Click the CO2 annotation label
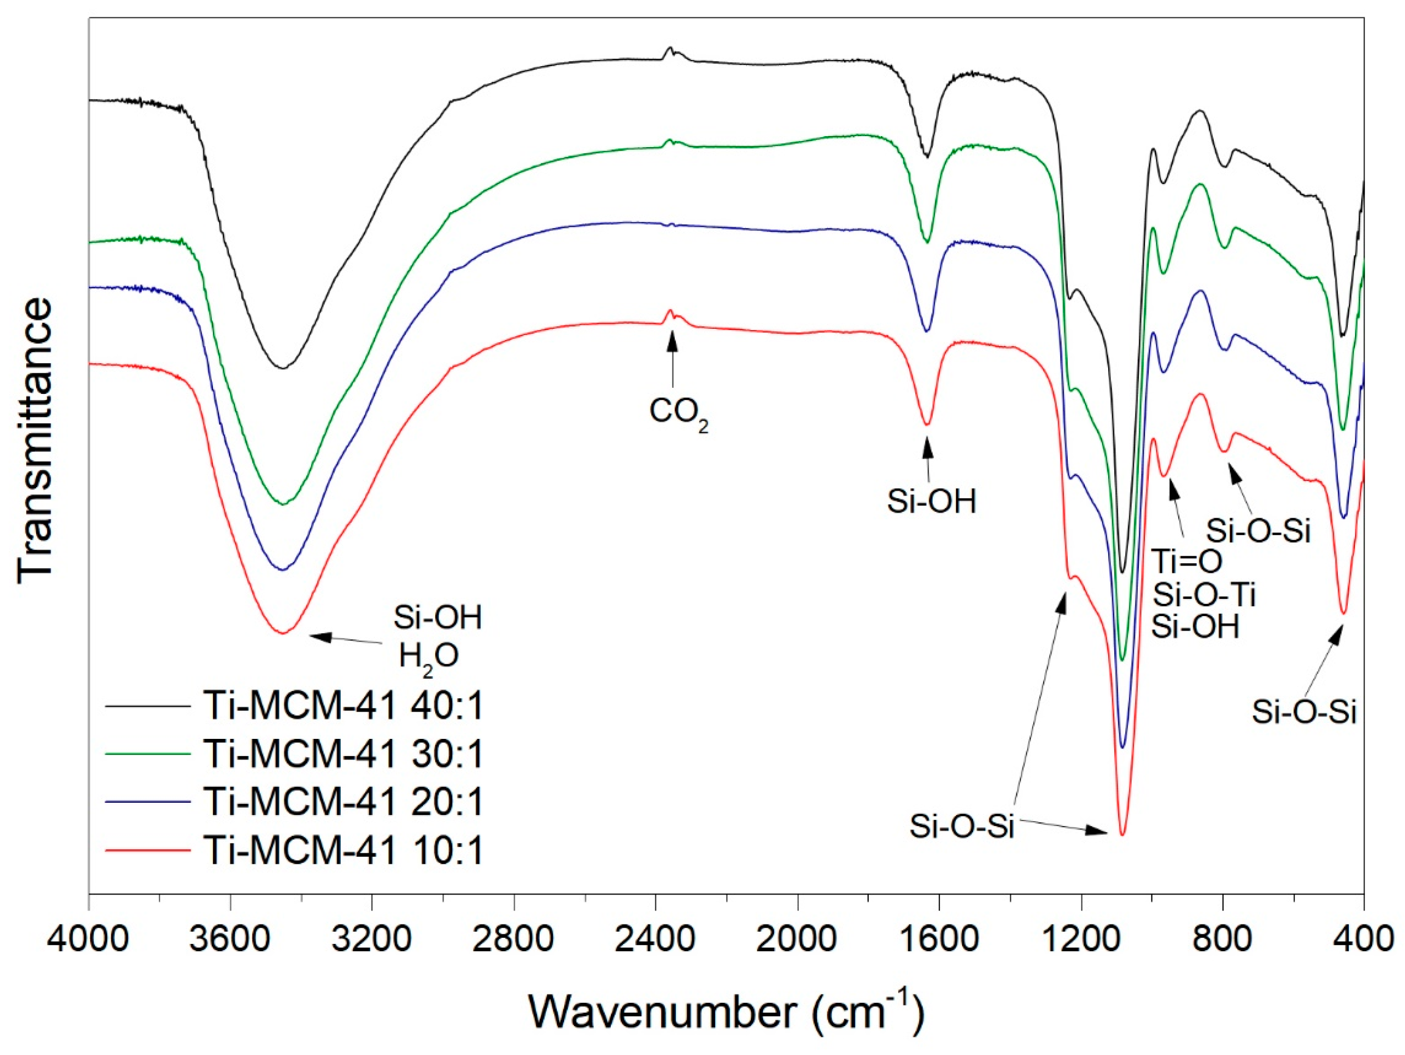(x=677, y=413)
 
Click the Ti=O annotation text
(x=1187, y=561)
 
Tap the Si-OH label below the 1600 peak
(x=931, y=502)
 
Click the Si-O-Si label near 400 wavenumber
(x=1304, y=712)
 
